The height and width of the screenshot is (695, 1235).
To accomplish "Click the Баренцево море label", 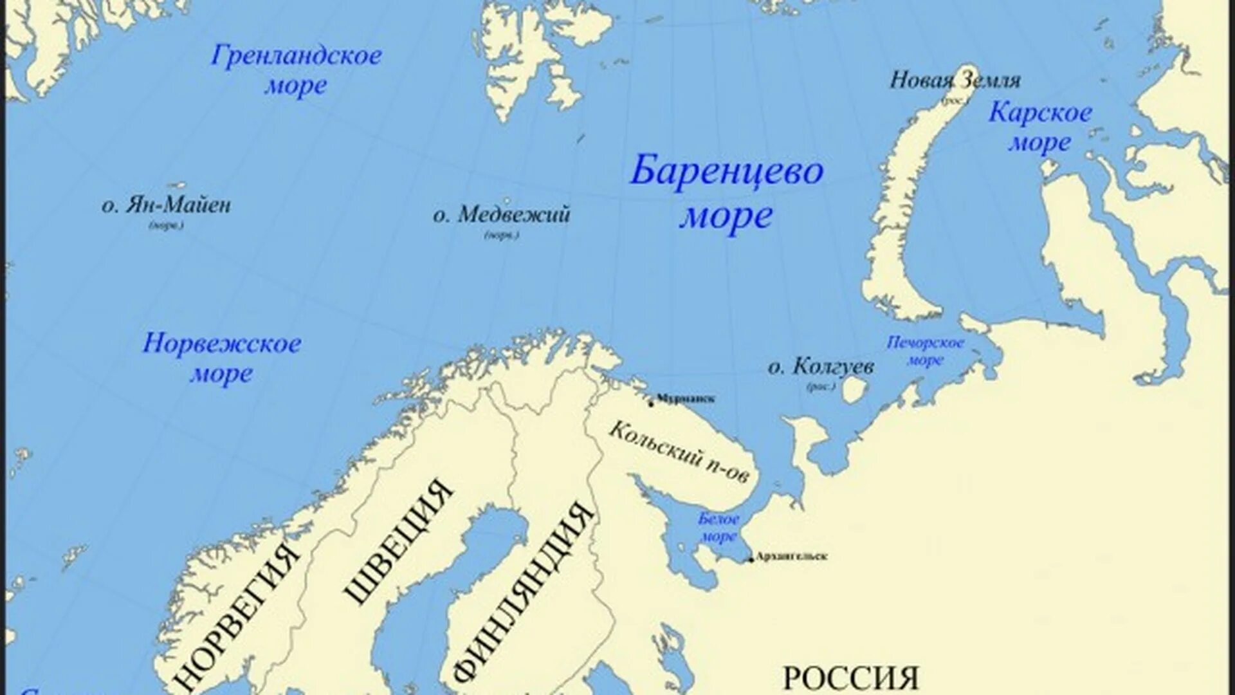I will click(726, 194).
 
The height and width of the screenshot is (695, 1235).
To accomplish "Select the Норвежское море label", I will click(222, 358).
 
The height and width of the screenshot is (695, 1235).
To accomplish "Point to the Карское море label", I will click(1040, 127).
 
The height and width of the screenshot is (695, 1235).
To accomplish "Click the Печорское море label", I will click(926, 351).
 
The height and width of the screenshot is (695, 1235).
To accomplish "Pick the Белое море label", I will click(718, 527).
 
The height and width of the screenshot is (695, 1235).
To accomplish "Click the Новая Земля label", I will click(955, 80).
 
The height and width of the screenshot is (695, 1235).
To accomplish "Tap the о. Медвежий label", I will click(502, 215).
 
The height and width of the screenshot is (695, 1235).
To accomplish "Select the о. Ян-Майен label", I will click(166, 206).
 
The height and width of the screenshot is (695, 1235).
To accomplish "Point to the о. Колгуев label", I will click(821, 367).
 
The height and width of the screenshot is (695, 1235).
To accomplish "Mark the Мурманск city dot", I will click(651, 404).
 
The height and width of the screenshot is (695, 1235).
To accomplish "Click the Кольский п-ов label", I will click(679, 452).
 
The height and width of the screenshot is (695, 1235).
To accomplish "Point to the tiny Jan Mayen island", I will click(177, 185).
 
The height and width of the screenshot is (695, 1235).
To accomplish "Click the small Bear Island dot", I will click(507, 200).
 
